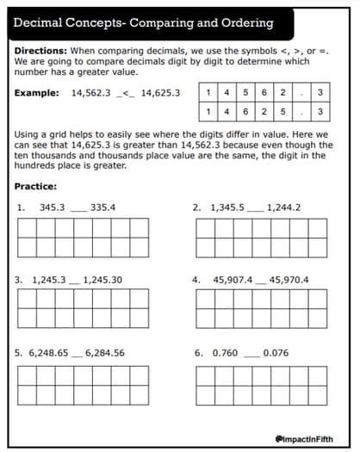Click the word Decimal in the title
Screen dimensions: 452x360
pyautogui.click(x=44, y=23)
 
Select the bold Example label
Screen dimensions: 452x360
pyautogui.click(x=39, y=92)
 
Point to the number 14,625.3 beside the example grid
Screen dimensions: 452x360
pyautogui.click(x=161, y=92)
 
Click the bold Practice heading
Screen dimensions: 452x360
pyautogui.click(x=36, y=187)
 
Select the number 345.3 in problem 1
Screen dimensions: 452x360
pyautogui.click(x=53, y=207)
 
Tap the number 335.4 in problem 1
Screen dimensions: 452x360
pyautogui.click(x=102, y=207)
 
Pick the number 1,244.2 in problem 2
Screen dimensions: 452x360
pyautogui.click(x=285, y=207)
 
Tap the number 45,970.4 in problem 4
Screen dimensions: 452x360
pyautogui.click(x=289, y=280)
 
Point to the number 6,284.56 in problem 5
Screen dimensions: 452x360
pyautogui.click(x=105, y=352)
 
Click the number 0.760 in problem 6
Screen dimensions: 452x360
pyautogui.click(x=225, y=352)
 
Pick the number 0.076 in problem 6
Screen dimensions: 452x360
pyautogui.click(x=276, y=352)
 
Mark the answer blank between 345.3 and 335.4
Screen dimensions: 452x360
pyautogui.click(x=78, y=210)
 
